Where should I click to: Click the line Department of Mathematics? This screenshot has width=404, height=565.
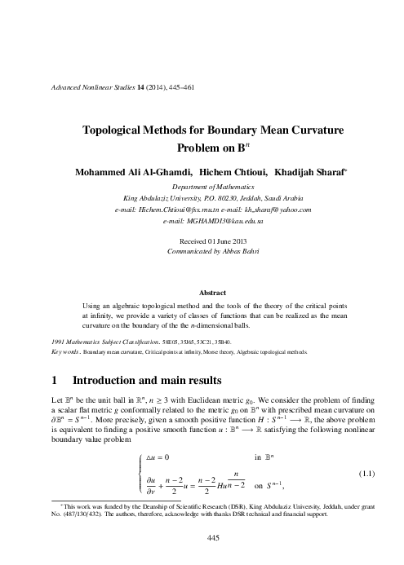202,187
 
